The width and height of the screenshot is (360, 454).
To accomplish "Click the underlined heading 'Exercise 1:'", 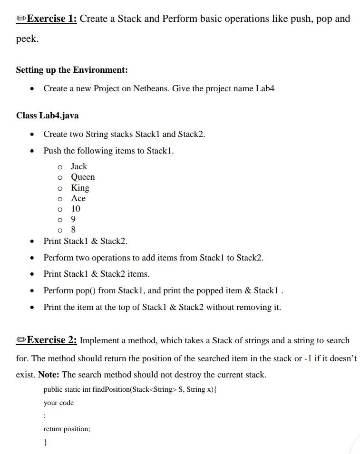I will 52,19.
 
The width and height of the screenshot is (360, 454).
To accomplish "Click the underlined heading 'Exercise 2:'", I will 52,340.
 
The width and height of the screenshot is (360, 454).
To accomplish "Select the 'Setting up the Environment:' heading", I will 72,70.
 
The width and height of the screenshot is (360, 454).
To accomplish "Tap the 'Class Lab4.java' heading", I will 48,116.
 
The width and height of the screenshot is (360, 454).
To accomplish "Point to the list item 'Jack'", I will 79,166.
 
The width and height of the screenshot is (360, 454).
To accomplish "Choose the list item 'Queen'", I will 83,177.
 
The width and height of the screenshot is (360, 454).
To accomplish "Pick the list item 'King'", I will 80,188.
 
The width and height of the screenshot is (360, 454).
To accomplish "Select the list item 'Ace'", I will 78,198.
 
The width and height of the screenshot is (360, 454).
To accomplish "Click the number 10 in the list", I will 76,209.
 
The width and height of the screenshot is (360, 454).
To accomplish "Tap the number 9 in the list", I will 73,219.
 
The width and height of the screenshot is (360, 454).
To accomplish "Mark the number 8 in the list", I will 73,230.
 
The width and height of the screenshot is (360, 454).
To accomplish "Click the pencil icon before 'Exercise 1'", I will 21,19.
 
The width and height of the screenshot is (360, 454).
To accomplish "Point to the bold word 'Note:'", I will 49,375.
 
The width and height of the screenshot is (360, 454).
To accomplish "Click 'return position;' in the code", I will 67,429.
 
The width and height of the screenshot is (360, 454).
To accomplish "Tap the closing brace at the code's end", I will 45,442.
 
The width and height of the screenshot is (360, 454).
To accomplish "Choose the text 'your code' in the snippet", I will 58,403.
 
